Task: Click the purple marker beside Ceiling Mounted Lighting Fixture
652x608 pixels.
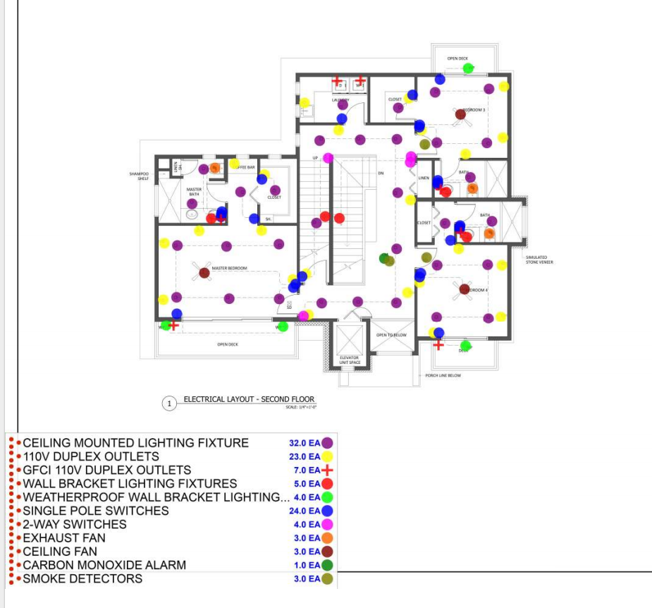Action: coord(327,443)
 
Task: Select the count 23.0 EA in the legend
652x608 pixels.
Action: coord(305,457)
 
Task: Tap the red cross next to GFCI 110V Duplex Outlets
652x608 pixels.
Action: coord(327,470)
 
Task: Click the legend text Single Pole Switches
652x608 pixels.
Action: coord(96,511)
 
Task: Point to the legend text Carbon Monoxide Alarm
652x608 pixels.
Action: coord(104,565)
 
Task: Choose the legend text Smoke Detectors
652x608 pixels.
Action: coord(82,578)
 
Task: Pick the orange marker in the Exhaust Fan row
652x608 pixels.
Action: coord(327,538)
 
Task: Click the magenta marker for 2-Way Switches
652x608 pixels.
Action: coord(327,525)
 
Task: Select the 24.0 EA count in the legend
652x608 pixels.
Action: coord(305,511)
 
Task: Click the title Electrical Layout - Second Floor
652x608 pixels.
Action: coord(249,400)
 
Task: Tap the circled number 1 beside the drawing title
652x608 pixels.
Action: coord(169,403)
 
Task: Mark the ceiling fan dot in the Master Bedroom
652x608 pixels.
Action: coord(204,272)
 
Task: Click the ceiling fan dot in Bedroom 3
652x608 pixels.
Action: coord(460,114)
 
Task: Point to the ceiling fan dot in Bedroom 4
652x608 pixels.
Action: coord(465,288)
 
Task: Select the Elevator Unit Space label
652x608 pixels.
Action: coord(350,360)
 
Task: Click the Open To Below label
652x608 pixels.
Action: coord(391,335)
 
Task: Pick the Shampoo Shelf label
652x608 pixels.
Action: coord(139,176)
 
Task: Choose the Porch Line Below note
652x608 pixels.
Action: coord(443,375)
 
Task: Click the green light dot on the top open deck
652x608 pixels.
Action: coord(468,68)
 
